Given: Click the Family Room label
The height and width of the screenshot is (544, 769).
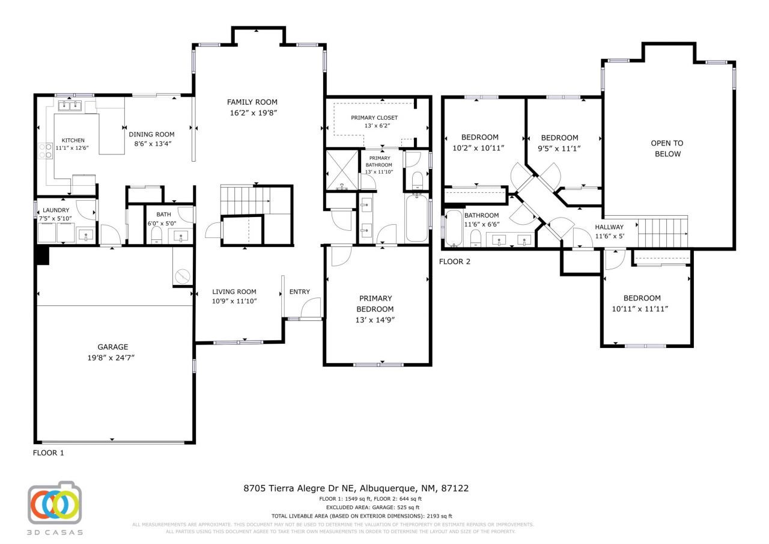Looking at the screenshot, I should click(x=252, y=102).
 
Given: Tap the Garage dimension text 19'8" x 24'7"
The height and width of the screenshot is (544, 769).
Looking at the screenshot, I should click(x=113, y=358).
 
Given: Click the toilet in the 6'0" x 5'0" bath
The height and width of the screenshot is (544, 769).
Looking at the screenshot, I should click(x=156, y=234).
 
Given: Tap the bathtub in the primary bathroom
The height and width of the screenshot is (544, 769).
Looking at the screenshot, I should click(x=416, y=218).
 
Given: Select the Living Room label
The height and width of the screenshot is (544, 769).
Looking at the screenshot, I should click(x=234, y=292).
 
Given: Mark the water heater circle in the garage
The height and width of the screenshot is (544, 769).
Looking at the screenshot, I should click(x=183, y=276).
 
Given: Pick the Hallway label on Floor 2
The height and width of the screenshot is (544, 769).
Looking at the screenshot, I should click(x=609, y=227).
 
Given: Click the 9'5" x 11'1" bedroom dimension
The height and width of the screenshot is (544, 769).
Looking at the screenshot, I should click(x=559, y=148).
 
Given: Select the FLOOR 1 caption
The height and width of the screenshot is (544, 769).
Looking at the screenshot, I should click(x=48, y=453).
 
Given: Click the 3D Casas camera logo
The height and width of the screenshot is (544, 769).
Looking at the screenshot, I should click(x=55, y=504).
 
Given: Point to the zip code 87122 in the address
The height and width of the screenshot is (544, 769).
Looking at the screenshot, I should click(x=455, y=489).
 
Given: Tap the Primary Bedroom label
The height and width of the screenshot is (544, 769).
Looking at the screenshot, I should click(x=376, y=299).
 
